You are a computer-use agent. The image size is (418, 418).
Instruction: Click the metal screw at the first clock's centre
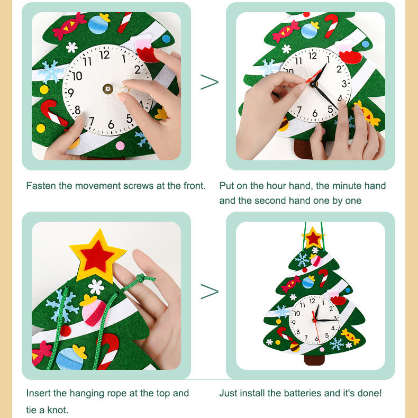pyautogui.click(x=108, y=89)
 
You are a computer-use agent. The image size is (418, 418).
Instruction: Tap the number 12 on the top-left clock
pyautogui.click(x=105, y=55)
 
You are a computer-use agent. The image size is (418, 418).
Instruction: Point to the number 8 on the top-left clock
pyautogui.click(x=77, y=110)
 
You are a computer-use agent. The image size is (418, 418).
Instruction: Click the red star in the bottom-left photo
pyautogui.click(x=96, y=256)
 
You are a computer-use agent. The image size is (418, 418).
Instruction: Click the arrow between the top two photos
pyautogui.click(x=210, y=82)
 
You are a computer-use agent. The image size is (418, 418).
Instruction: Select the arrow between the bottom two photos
pyautogui.click(x=210, y=292)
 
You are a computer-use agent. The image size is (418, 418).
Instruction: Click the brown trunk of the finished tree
pyautogui.click(x=314, y=360)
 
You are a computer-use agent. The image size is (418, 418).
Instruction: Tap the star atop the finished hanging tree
pyautogui.click(x=313, y=238)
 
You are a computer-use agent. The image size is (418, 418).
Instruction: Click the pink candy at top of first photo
pyautogui.click(x=69, y=25)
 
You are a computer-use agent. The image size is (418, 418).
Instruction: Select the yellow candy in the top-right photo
pyautogui.click(x=367, y=113)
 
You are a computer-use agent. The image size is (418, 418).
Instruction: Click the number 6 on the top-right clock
pyautogui.click(x=315, y=114)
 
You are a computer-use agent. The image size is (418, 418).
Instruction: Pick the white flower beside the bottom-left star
pyautogui.click(x=96, y=287)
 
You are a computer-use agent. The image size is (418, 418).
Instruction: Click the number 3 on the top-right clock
pyautogui.click(x=344, y=84)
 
